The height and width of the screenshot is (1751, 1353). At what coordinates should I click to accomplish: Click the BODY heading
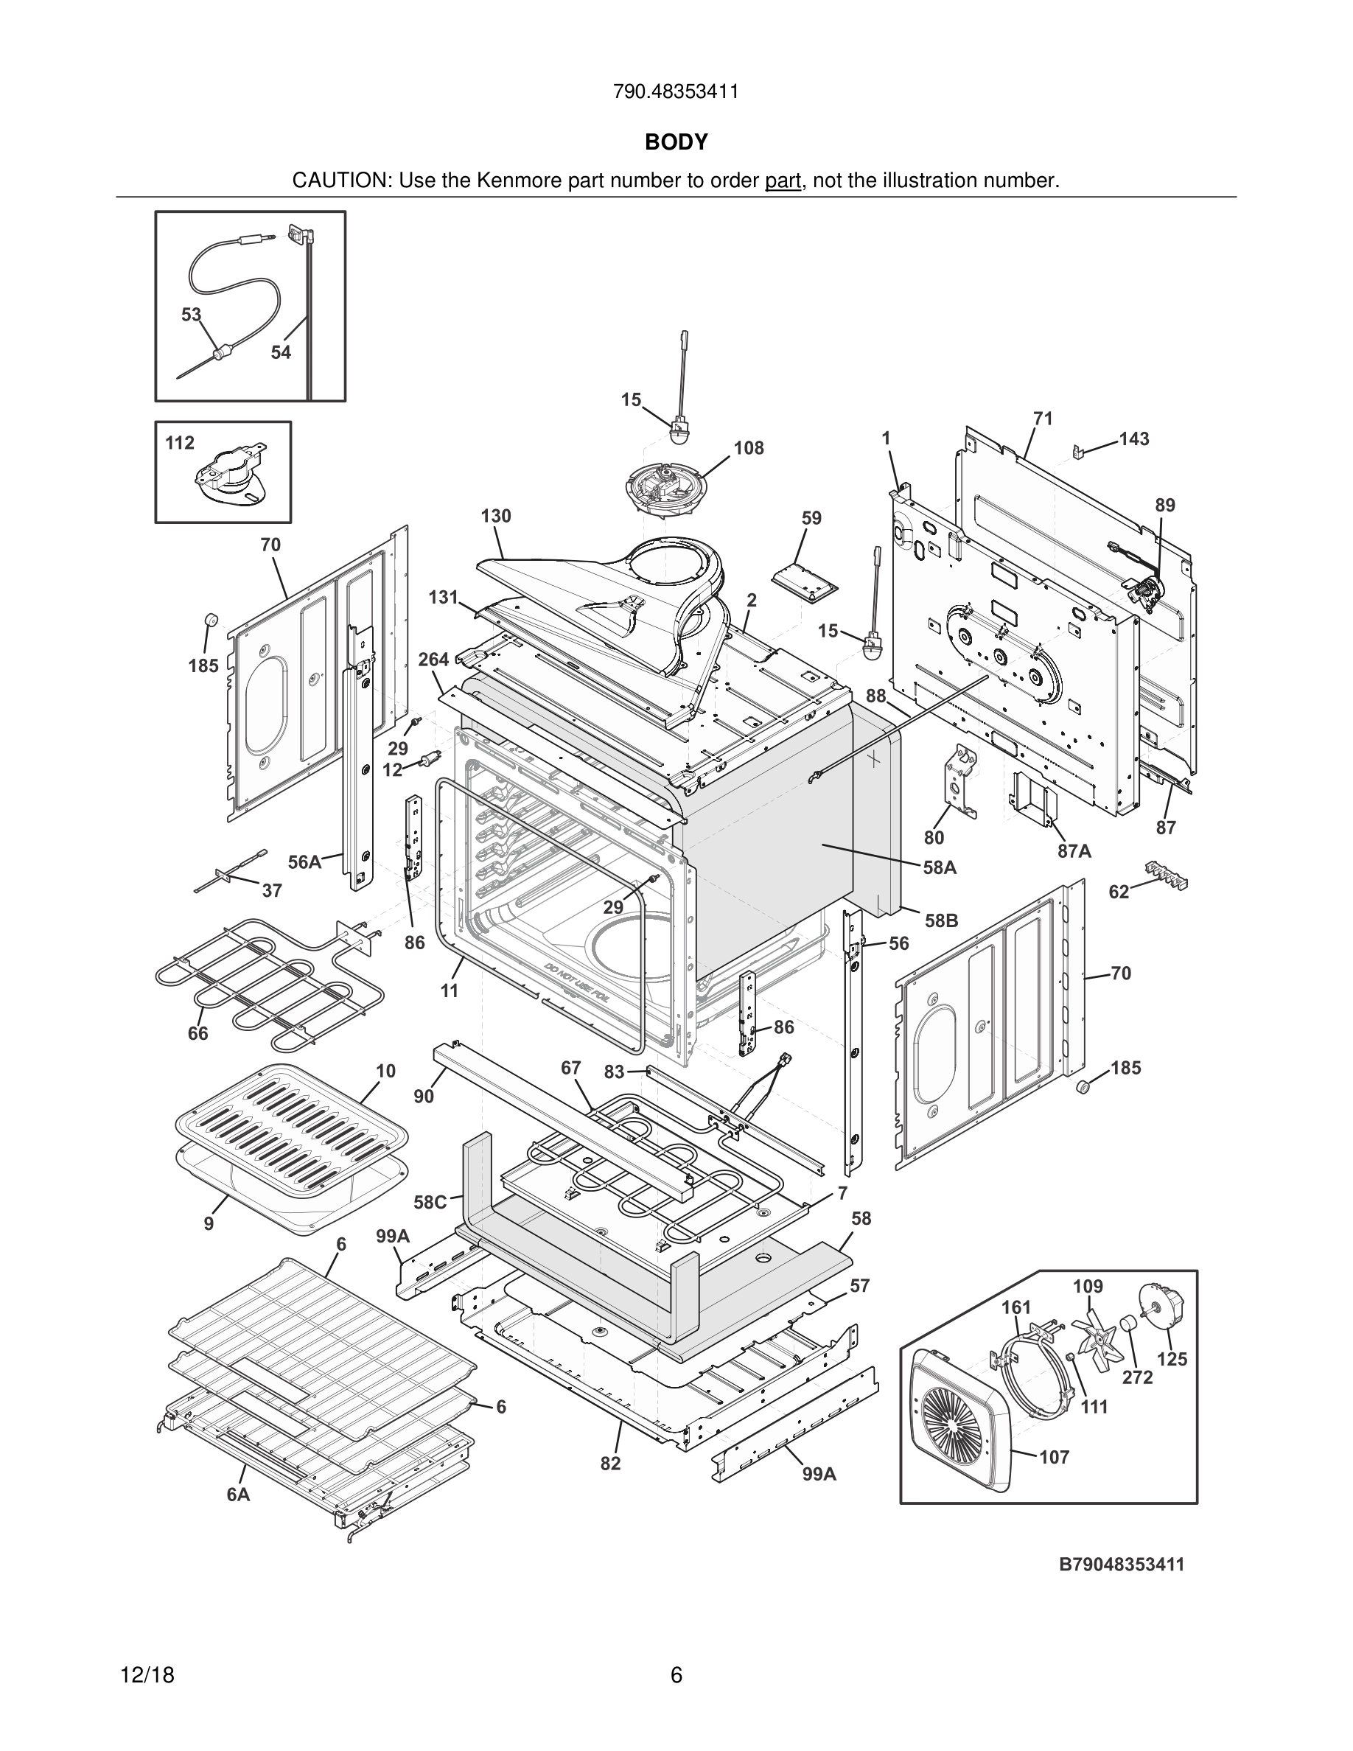676,142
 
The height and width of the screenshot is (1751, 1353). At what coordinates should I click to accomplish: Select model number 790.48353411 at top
676,92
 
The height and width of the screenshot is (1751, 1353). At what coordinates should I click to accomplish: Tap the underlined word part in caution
783,181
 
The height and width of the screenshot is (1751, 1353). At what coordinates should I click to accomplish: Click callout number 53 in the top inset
191,315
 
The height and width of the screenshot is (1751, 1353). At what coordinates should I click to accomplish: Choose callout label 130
496,517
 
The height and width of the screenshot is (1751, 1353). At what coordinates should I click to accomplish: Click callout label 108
749,448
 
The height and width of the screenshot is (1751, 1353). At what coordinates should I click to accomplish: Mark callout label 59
811,519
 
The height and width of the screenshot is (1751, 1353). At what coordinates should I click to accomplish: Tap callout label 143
1134,439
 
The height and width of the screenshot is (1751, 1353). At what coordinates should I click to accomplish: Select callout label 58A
940,867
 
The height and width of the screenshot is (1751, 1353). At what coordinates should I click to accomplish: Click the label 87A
1074,851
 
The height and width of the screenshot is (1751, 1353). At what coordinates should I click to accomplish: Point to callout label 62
1119,892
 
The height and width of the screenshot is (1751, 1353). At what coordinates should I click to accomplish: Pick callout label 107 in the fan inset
1054,1457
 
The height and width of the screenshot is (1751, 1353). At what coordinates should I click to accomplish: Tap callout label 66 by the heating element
198,1034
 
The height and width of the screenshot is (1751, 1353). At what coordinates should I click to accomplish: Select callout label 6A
238,1495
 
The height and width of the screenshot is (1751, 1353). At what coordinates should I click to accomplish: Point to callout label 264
433,660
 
